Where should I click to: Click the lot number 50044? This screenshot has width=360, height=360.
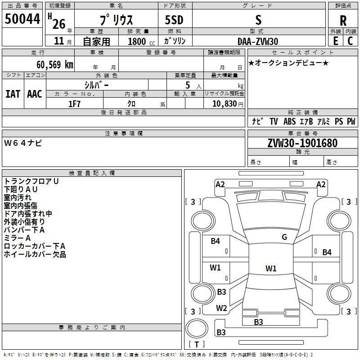point(22,19)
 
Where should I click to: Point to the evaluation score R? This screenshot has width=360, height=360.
point(343,21)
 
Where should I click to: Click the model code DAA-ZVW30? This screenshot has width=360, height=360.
point(258,41)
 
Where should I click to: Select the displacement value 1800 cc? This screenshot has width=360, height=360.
point(141,41)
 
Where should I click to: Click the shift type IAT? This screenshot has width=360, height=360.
point(13,94)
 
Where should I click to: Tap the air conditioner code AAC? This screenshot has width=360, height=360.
point(34,94)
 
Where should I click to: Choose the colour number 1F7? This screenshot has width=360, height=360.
point(74,103)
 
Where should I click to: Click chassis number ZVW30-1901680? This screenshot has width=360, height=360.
point(302,144)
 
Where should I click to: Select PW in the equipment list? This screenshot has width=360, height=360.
point(351,121)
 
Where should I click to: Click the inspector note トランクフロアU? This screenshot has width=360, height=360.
point(31,181)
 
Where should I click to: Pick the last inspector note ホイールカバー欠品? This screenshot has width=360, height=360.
point(35,254)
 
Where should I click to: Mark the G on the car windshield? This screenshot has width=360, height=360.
point(284,237)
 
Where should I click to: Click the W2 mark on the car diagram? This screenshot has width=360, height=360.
point(221,308)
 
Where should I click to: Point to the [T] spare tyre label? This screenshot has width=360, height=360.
point(196,345)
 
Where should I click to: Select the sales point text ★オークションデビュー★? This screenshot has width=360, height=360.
point(288,63)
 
